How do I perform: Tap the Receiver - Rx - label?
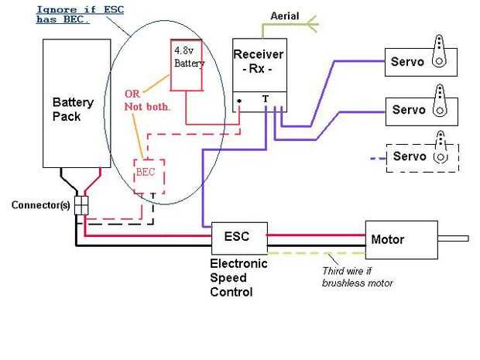pos(259,61)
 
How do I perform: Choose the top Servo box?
pos(421,62)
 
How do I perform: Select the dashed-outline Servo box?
pos(421,156)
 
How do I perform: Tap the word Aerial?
pos(285,16)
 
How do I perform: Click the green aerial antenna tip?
pos(314,25)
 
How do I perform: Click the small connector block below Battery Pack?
pos(82,205)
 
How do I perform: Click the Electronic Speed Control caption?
pos(238,277)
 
